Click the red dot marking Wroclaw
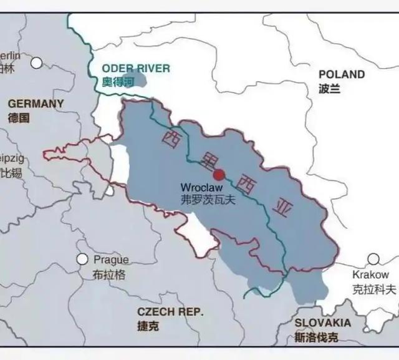pos(219,175)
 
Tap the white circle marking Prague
pos(82,259)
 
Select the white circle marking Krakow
pos(373,259)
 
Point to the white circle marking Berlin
pos(37,62)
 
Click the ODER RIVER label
pos(136,68)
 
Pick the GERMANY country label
pos(36,104)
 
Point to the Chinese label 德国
pos(19,117)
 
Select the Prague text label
pos(111,260)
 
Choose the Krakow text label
pos(370,275)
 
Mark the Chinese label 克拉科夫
pos(374,289)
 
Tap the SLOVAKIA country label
pos(323,323)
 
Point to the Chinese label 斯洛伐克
pos(317,338)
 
